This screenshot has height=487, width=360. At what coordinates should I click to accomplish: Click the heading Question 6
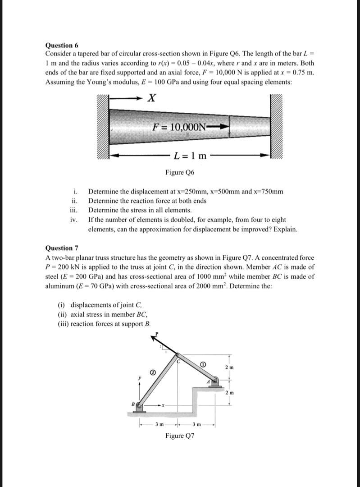[62, 45]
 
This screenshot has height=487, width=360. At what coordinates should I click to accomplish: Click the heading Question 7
[62, 248]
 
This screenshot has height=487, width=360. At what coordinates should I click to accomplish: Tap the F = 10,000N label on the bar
[180, 127]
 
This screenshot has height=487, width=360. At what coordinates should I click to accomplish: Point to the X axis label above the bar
[152, 98]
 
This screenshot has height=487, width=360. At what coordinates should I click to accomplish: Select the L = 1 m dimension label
[190, 156]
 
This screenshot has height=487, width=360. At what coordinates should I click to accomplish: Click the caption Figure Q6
[180, 172]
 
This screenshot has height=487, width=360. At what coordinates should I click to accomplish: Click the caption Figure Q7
[180, 436]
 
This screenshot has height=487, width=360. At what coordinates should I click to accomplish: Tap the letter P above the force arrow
[156, 333]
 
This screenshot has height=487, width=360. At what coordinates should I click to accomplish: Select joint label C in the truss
[178, 361]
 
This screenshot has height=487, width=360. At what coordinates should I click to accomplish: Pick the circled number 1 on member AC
[203, 364]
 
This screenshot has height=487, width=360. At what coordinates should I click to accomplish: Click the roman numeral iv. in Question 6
[74, 220]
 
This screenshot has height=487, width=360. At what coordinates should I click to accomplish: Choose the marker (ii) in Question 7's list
[63, 315]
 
